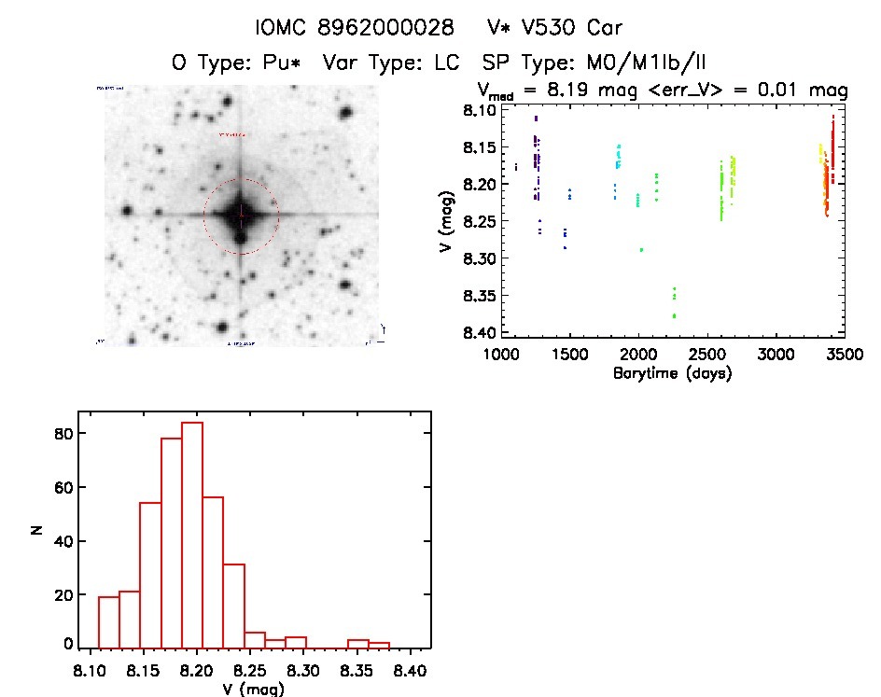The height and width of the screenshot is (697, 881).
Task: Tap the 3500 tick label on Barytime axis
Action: [844, 355]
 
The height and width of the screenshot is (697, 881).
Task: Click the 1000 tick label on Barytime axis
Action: [501, 355]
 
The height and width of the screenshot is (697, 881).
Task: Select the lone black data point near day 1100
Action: [515, 167]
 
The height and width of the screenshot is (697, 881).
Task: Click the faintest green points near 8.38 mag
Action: [674, 316]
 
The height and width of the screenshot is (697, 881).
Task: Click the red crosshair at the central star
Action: [241, 215]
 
